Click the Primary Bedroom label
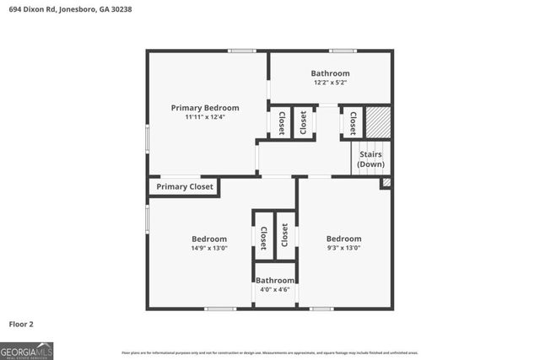205,108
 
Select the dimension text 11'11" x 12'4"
205,117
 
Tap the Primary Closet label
185,187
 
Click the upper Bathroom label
330,73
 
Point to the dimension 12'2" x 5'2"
330,83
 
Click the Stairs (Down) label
371,159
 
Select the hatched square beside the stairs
379,121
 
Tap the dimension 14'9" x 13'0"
208,249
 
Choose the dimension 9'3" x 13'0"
343,249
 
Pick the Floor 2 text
21,324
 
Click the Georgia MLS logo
26,350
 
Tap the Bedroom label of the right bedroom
343,239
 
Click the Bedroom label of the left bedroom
208,239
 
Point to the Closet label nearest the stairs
353,123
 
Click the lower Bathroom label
275,280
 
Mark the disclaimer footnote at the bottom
270,352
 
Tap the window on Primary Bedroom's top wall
242,51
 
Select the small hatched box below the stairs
386,182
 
